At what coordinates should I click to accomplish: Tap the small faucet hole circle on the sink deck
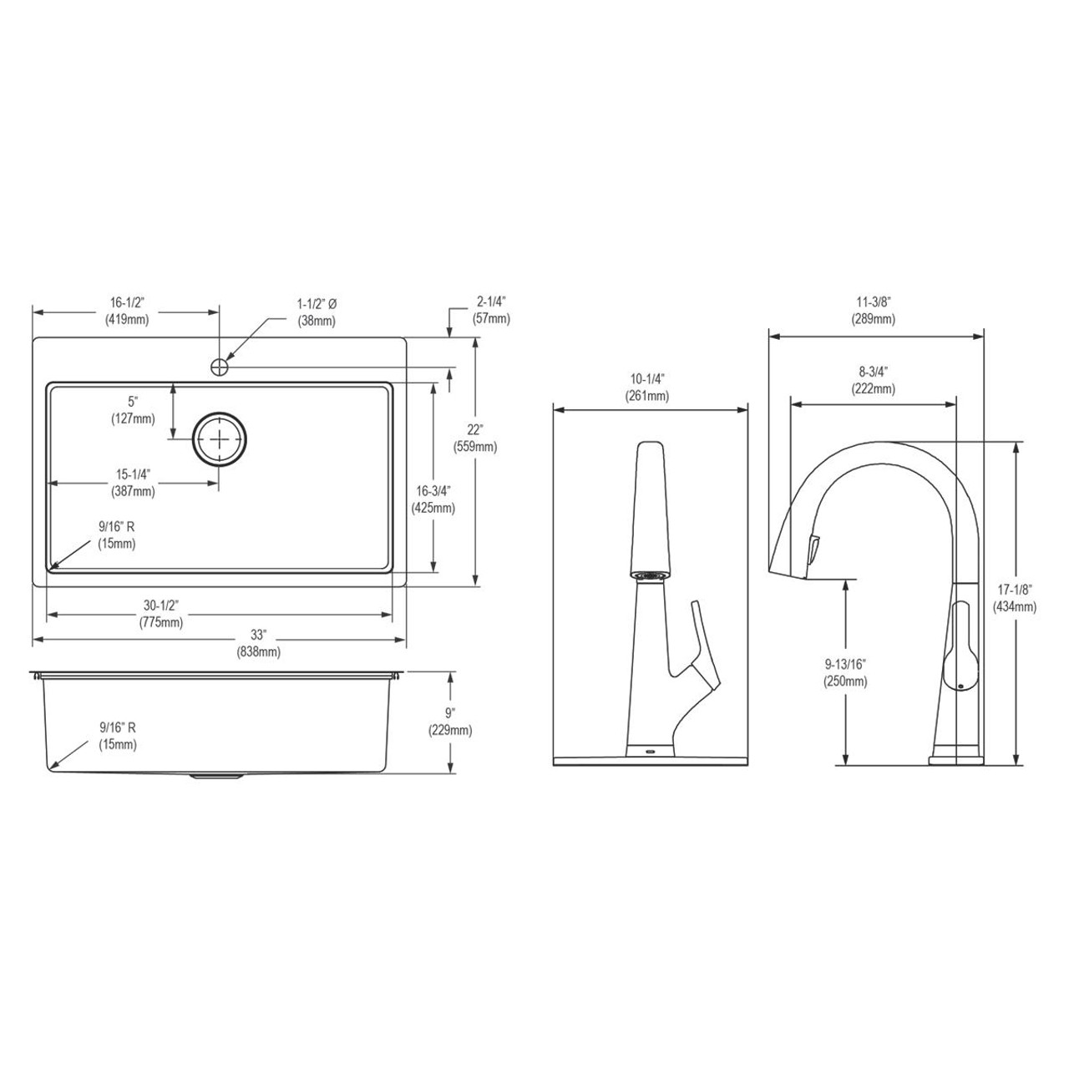pos(220,366)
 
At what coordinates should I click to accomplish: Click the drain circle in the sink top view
pos(220,438)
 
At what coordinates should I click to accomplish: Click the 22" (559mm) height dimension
pos(475,438)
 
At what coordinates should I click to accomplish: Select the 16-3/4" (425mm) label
pos(433,499)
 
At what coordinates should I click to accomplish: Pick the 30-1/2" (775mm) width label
pos(161,614)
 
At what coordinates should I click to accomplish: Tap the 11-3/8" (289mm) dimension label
pos(874,312)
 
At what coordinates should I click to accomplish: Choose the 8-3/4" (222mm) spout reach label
pos(874,382)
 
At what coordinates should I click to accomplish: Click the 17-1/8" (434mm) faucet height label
pos(1015,599)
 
